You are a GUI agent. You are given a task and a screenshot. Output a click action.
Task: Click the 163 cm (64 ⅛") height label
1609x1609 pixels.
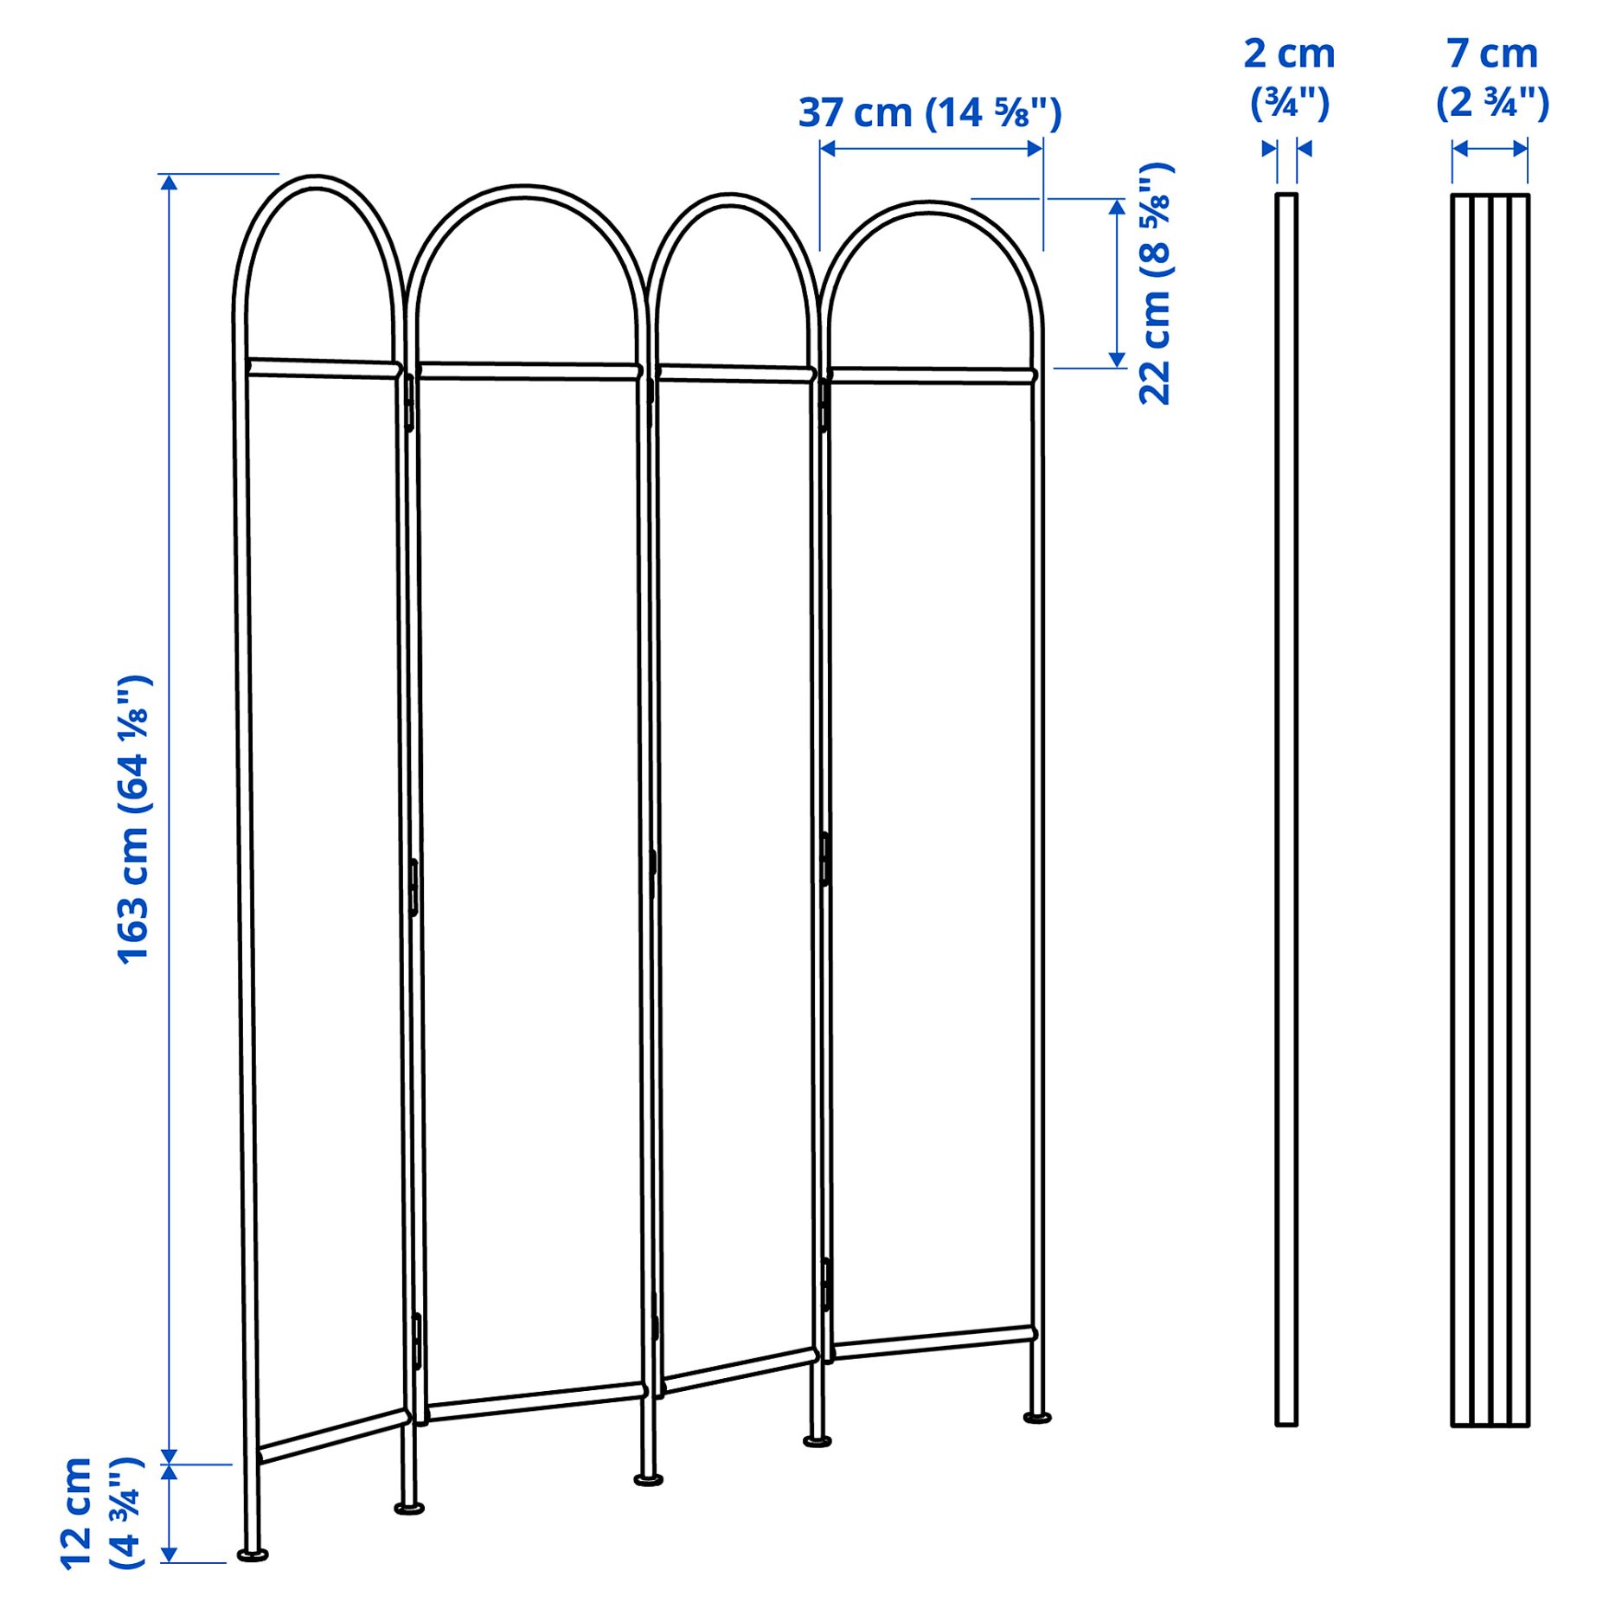tap(134, 819)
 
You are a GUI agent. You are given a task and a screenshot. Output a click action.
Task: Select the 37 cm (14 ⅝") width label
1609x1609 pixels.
tap(930, 112)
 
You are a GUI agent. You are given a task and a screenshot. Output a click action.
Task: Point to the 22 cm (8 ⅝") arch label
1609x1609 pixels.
tap(1156, 283)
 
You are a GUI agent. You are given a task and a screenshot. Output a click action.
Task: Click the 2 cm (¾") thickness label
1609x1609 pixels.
tap(1289, 78)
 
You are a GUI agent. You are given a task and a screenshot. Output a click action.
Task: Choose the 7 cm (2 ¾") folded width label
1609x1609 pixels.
tap(1492, 78)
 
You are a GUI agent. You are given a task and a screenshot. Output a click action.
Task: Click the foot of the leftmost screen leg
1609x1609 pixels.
tap(253, 1555)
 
